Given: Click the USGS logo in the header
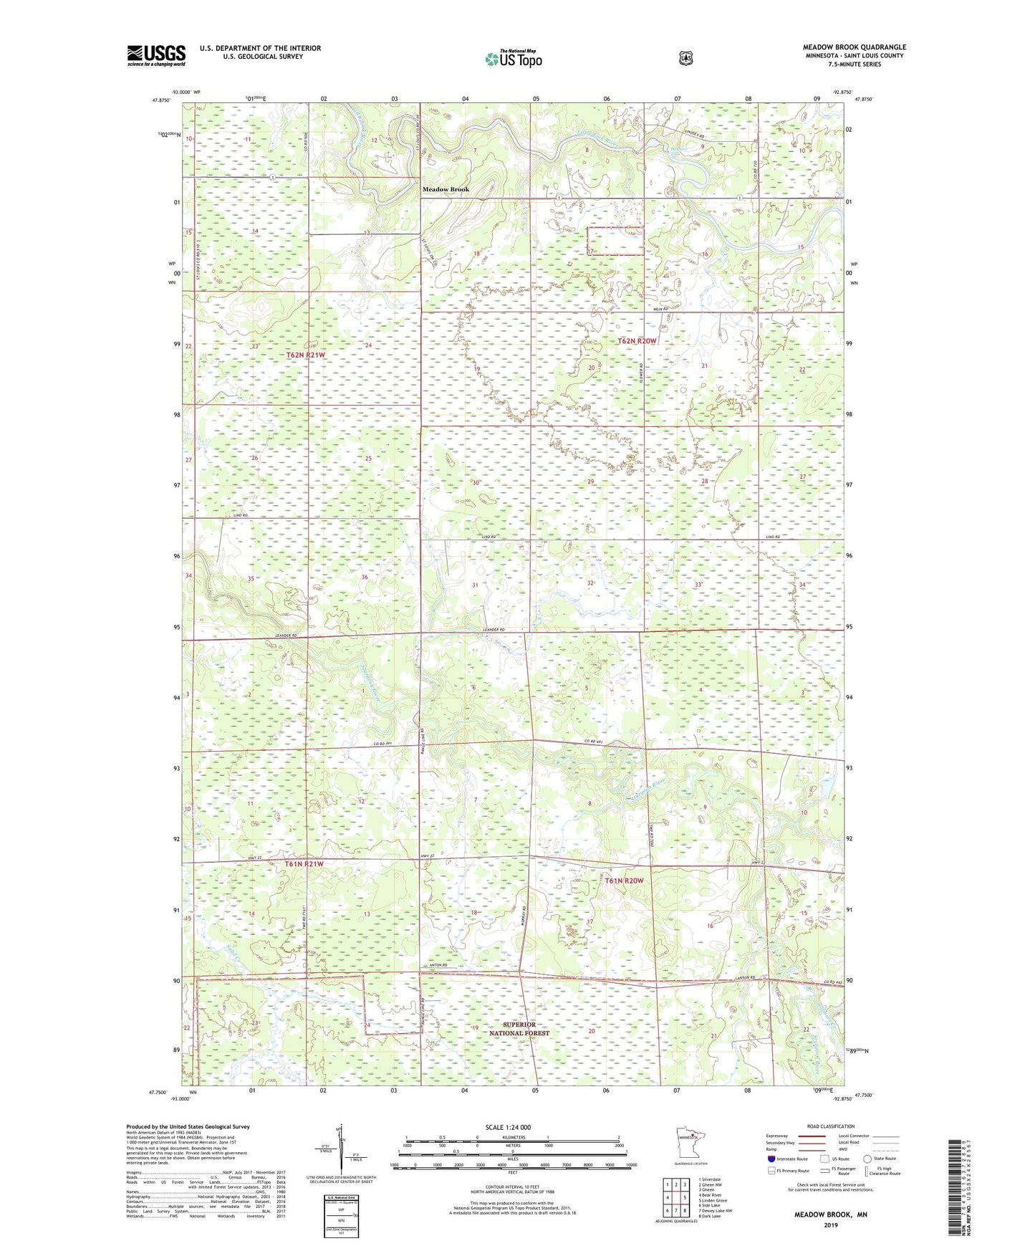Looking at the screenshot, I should point(156,55).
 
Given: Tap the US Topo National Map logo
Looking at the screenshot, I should point(513,59).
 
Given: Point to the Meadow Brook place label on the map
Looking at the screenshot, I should point(446,189).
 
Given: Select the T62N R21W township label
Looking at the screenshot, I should point(306,355).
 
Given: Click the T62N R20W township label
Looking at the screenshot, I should point(637,341).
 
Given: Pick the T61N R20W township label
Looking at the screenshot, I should point(624,881).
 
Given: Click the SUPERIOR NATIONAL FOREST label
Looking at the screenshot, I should point(519,1029).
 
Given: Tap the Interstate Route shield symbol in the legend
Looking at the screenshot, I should point(771,1159).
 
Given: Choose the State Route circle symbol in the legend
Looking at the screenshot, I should point(867,1159).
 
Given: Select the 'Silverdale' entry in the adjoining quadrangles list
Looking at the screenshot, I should point(709,1179).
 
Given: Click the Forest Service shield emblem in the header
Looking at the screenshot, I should point(685,57).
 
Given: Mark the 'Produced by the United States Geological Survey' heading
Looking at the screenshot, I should point(188,1127).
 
